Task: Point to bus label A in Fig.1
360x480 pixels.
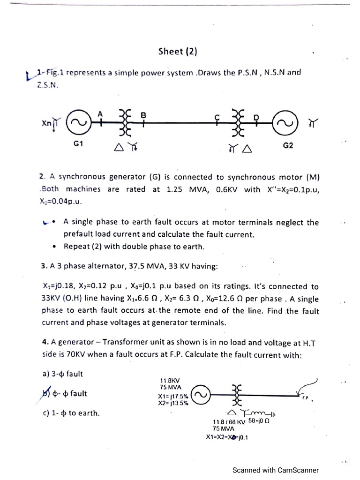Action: point(100,114)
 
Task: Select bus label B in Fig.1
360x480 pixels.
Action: point(143,115)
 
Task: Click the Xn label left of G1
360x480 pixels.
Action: point(46,122)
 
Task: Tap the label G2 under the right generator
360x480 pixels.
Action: point(288,146)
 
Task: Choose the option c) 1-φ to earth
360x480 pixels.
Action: point(71,413)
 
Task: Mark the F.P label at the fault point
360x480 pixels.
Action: point(305,398)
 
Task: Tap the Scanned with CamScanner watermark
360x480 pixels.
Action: point(276,470)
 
